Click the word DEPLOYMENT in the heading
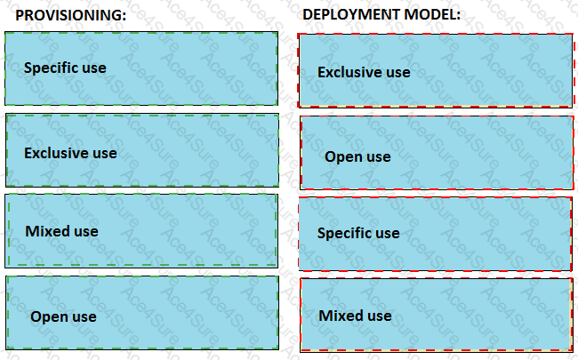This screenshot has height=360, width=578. [x=351, y=14]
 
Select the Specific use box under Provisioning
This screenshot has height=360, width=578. [x=141, y=68]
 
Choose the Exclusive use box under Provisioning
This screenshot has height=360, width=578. [x=142, y=150]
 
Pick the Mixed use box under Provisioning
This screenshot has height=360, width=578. [x=141, y=230]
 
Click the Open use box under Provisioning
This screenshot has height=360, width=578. [x=142, y=313]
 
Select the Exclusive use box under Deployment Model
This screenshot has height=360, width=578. [x=436, y=71]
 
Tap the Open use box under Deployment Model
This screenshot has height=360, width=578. [x=437, y=153]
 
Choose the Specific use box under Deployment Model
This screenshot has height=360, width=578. [x=436, y=234]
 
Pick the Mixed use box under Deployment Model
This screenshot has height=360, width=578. [x=437, y=315]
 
